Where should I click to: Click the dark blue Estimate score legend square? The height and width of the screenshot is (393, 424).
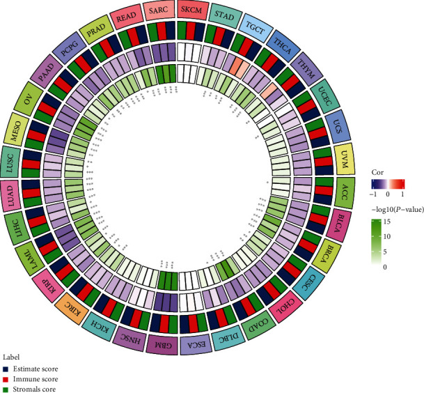(x=6, y=367)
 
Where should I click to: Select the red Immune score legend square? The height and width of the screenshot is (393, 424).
(x=6, y=378)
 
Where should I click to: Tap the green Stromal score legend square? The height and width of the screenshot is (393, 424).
(x=6, y=388)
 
